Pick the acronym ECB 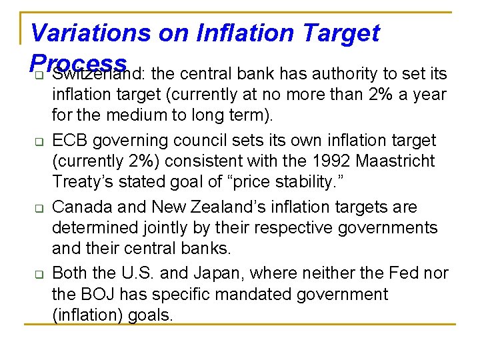pos(70,141)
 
